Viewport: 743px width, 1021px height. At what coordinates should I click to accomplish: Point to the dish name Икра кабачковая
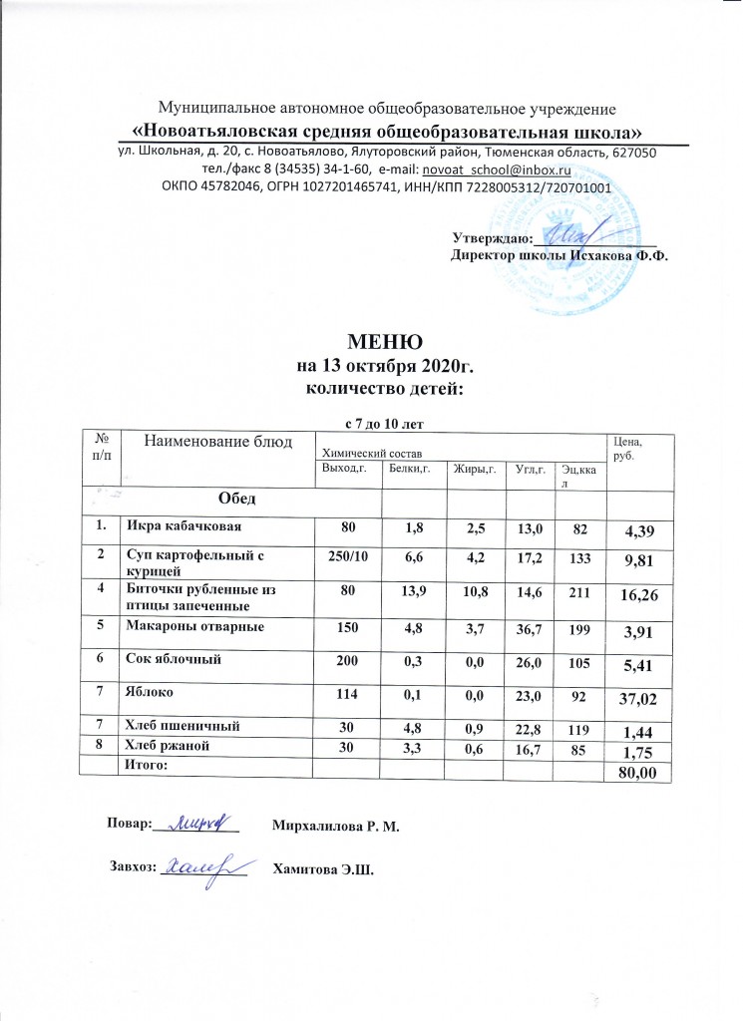[182, 524]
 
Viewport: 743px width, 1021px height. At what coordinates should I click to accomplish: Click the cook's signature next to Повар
[197, 823]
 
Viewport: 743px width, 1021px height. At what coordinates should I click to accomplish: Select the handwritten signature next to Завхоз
[203, 868]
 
